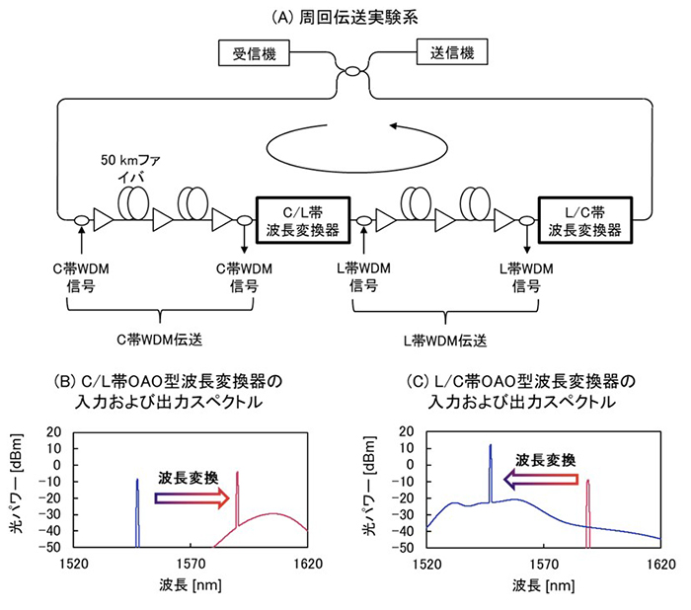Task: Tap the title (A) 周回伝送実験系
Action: (x=345, y=14)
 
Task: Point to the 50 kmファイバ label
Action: (x=139, y=167)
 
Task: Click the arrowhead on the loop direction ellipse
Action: (x=394, y=126)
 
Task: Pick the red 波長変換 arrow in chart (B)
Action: (x=193, y=499)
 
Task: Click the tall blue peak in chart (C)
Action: (x=491, y=474)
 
